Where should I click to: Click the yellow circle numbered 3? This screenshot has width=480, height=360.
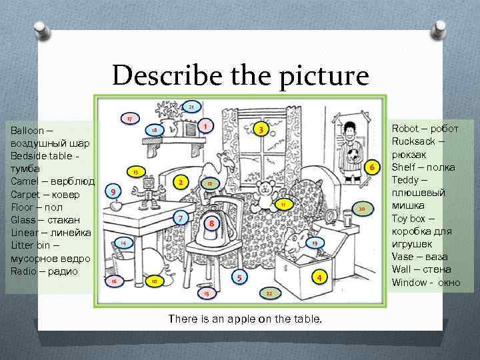(261, 129)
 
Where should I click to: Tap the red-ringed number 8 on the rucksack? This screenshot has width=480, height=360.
(211, 223)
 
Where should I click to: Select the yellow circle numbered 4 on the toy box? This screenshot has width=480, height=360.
(319, 277)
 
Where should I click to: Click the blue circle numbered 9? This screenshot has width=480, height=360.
(113, 191)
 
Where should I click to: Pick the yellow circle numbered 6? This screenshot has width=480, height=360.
(372, 167)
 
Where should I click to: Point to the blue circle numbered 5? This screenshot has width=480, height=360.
(239, 277)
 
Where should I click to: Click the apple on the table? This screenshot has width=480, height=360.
(116, 205)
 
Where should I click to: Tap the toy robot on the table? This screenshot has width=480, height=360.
(147, 193)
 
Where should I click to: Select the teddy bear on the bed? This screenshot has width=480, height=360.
(265, 196)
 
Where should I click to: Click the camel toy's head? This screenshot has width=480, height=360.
(227, 161)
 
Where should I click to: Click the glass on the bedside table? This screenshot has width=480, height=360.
(347, 217)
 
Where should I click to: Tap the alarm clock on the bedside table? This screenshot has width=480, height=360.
(331, 216)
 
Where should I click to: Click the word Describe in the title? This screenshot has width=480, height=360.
(167, 75)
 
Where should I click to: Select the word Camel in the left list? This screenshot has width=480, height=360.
(25, 181)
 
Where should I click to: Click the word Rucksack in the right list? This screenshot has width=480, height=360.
(413, 141)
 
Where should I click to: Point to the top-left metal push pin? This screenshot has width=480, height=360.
(42, 30)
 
